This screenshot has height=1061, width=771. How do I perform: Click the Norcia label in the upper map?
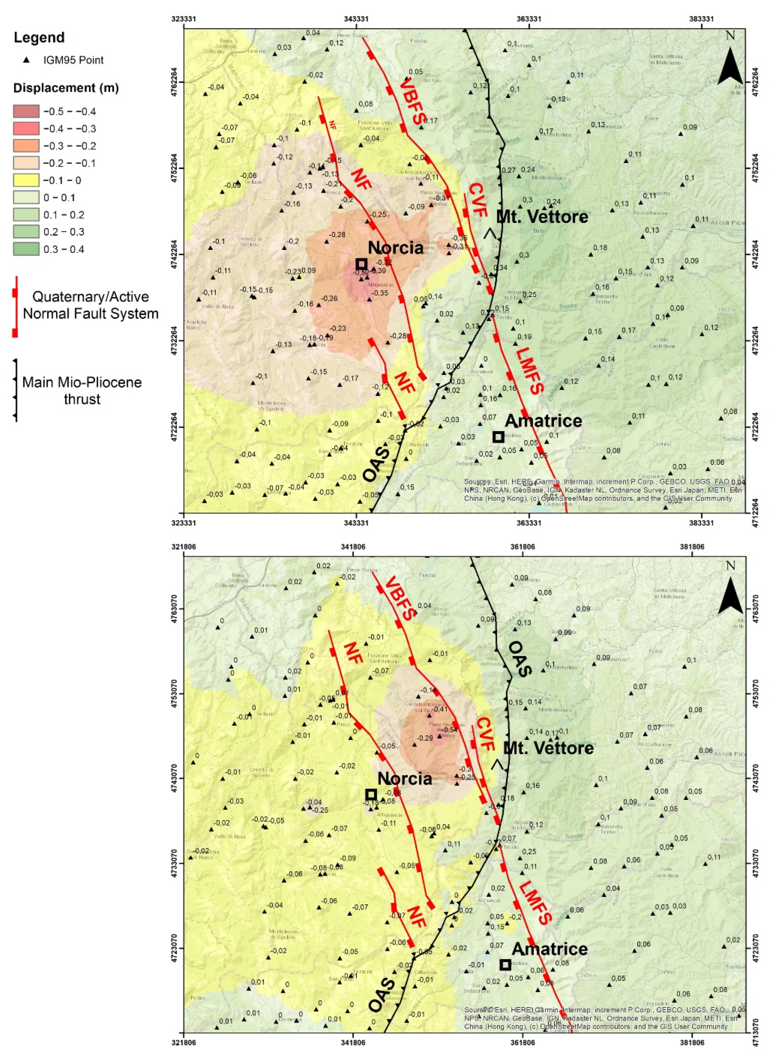tap(395, 248)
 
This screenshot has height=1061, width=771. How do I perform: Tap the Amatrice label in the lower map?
tap(549, 949)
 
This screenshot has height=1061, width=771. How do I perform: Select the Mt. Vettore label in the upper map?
tap(542, 216)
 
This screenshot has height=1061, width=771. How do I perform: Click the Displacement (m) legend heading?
tap(66, 88)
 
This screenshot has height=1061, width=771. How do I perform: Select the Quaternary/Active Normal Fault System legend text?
tap(90, 305)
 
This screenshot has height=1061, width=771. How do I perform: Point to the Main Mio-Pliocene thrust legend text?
tap(82, 391)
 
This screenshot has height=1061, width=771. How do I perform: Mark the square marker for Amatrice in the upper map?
tap(498, 437)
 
